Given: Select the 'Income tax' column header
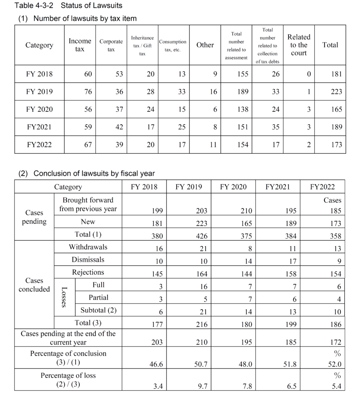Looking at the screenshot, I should click(80, 45).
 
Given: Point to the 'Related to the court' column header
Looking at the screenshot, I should click(299, 45).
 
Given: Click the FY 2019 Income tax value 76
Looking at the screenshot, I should click(88, 92).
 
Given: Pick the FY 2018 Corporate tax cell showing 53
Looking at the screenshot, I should click(119, 74).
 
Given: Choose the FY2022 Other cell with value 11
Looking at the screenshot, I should click(213, 145).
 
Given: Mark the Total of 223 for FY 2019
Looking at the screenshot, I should click(336, 92).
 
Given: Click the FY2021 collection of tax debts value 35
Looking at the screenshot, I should click(276, 127).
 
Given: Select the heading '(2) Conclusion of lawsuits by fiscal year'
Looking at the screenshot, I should click(87, 173).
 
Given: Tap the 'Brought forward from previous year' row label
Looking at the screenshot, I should click(88, 204).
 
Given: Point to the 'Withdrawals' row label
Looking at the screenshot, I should click(88, 247).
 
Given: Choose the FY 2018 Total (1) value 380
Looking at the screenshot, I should click(156, 236).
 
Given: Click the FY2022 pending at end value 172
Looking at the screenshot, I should click(335, 343).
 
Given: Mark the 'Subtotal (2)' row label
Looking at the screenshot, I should click(99, 311).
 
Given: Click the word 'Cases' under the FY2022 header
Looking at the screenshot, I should click(332, 200).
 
